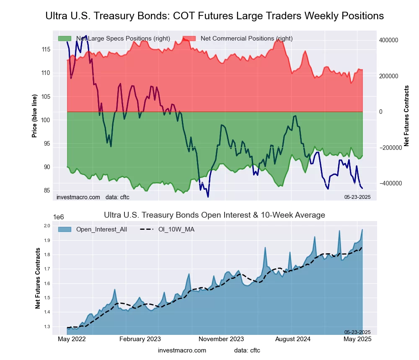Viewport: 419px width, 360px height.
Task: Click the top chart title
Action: click(214, 16)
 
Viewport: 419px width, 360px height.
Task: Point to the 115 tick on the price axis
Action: click(46, 49)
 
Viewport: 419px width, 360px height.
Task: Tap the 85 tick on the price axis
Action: click(46, 190)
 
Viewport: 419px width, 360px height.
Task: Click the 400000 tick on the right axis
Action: click(388, 40)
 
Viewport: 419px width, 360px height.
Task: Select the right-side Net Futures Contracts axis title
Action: click(406, 116)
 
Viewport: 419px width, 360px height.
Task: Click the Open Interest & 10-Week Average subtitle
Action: click(214, 215)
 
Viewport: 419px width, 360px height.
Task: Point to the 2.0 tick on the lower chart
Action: click(47, 226)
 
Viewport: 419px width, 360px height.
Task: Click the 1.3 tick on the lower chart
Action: click(47, 327)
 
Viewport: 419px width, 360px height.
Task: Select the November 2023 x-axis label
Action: click(221, 339)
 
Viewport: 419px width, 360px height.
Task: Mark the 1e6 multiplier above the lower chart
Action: click(58, 217)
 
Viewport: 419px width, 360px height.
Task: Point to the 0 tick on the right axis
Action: click(381, 112)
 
